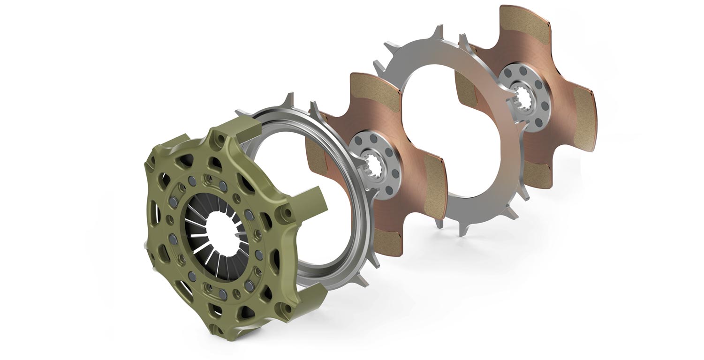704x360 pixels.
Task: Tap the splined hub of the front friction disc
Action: (x=374, y=165)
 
